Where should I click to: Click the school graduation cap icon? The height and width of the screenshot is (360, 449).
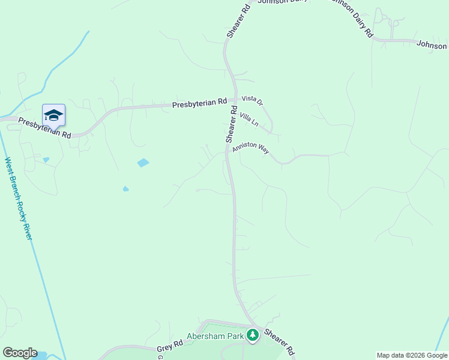53,115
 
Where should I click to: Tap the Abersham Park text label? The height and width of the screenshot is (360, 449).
215,337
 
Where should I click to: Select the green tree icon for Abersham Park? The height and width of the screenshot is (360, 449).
253,335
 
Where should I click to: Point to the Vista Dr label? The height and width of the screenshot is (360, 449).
252,103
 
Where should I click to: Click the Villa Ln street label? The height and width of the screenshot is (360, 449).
249,119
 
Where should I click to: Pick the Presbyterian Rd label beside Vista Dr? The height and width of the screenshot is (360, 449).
199,103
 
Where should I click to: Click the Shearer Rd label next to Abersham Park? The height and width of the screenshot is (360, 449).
280,341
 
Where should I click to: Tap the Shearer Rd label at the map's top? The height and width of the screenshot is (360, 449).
238,22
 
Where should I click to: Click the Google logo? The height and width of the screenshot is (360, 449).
20,353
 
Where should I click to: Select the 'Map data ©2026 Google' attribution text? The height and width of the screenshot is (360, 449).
412,355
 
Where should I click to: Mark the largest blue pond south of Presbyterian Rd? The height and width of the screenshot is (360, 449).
143,163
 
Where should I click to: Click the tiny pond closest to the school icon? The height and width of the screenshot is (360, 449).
46,160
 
